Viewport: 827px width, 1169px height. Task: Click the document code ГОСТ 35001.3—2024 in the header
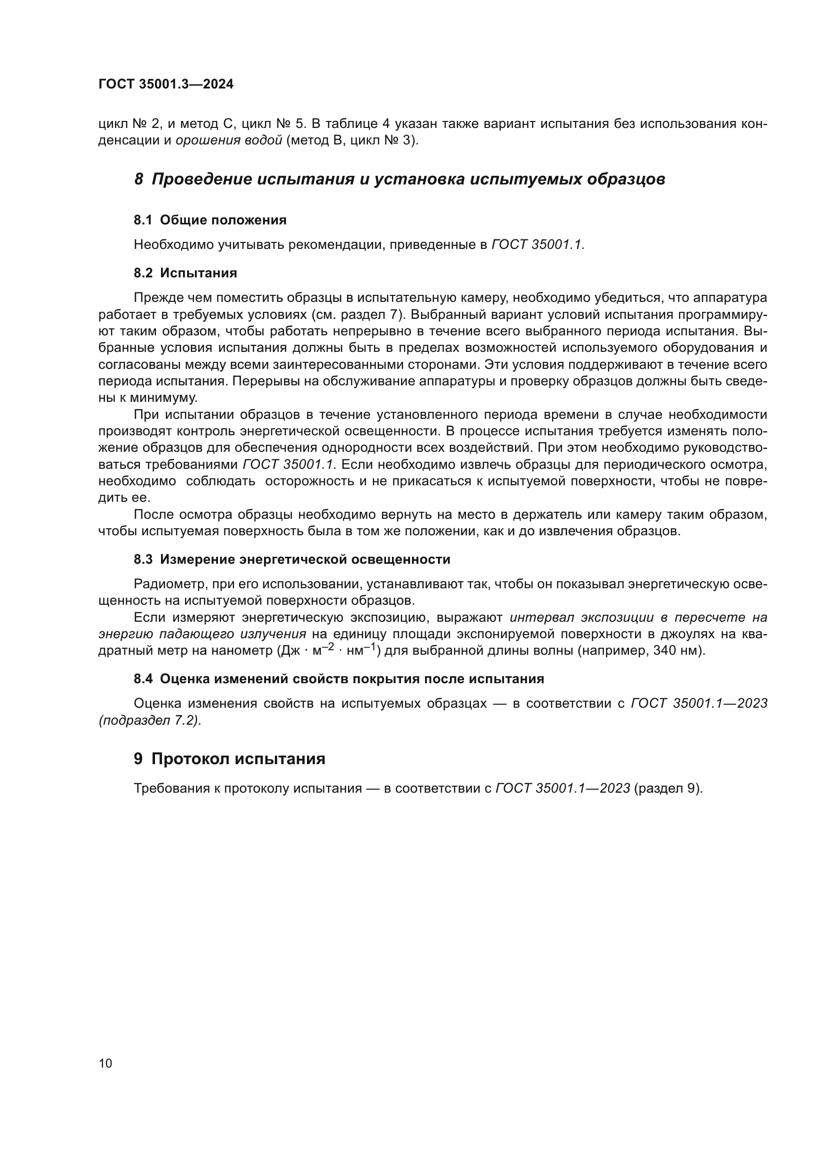166,84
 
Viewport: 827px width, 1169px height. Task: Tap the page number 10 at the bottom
105,1064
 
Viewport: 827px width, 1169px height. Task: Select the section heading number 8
138,179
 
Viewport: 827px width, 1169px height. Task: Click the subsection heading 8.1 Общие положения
210,220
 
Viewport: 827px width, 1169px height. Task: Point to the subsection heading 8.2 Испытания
185,273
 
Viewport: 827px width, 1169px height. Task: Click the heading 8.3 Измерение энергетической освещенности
292,560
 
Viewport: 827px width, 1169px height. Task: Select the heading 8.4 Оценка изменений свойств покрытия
338,679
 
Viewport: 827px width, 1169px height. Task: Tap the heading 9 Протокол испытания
229,759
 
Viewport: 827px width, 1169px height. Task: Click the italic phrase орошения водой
228,140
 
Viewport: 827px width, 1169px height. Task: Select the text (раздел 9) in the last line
668,789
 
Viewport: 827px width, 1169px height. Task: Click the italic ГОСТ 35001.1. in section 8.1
538,245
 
